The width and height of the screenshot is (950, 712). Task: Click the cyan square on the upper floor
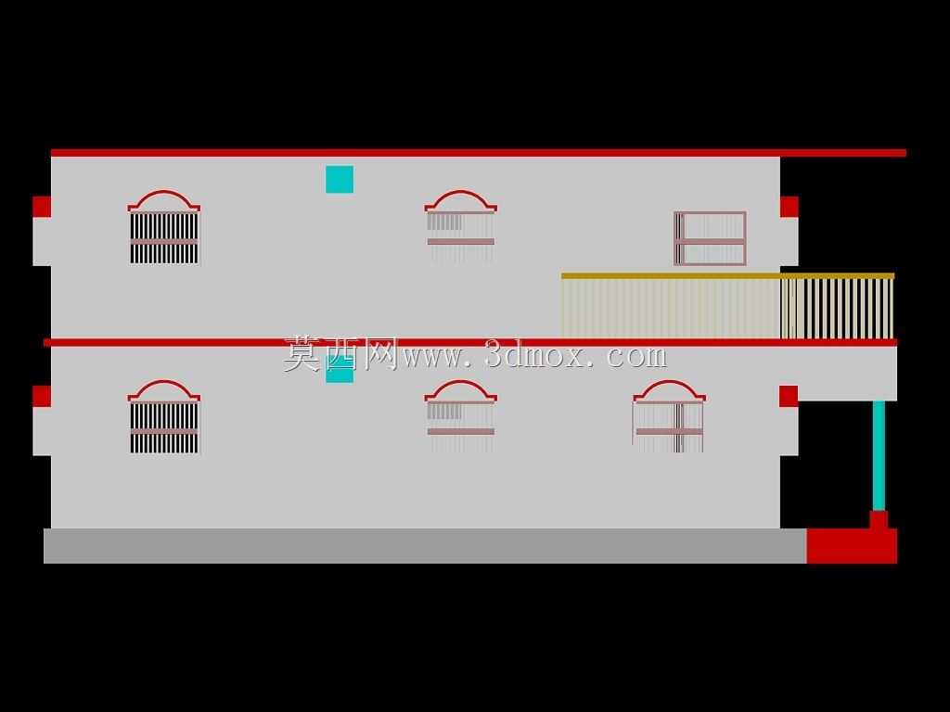pos(340,179)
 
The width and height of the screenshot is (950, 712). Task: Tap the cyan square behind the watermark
pos(340,369)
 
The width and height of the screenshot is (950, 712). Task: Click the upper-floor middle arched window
pos(460,225)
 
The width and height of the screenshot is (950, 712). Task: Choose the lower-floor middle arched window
pos(460,415)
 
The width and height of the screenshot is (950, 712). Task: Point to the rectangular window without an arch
pos(710,238)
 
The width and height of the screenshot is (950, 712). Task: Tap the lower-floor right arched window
pos(669,415)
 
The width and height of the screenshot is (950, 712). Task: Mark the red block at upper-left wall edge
pos(42,207)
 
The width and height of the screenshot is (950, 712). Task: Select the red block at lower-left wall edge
pos(42,396)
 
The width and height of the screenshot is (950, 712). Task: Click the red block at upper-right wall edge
pos(789,207)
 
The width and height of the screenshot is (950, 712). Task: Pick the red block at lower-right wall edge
pos(789,396)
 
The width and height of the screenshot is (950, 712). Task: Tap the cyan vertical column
pos(879,455)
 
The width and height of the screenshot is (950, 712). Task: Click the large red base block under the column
pos(852,545)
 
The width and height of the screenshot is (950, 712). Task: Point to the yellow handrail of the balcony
pos(727,276)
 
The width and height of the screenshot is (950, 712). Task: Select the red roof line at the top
pos(479,153)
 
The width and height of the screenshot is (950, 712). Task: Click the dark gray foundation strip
pos(425,545)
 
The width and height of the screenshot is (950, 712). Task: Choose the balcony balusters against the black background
pos(838,308)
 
